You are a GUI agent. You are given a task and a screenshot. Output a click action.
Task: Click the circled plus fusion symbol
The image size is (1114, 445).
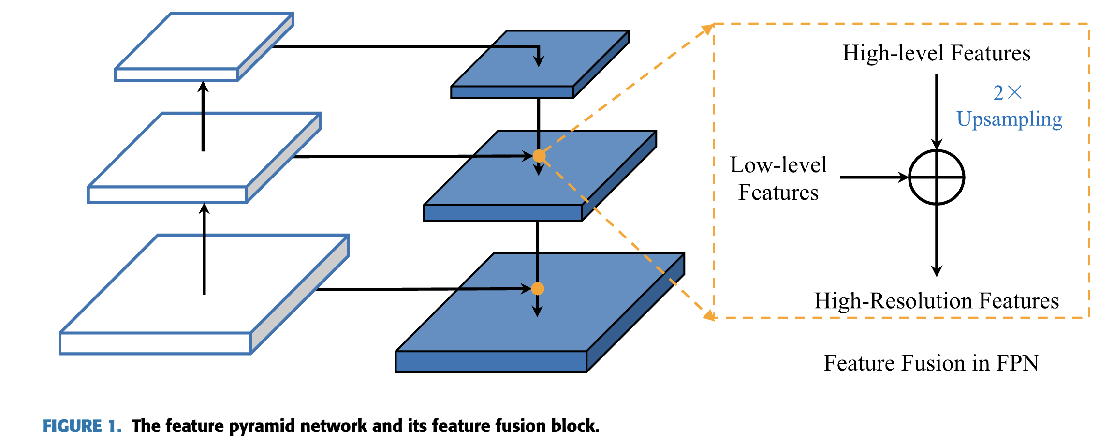tap(937, 178)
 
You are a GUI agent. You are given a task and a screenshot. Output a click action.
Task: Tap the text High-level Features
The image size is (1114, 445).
tap(937, 53)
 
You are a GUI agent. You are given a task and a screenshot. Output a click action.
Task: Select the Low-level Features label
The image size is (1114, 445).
tap(778, 178)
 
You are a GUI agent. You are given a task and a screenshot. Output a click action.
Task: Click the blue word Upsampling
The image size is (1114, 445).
tap(1010, 119)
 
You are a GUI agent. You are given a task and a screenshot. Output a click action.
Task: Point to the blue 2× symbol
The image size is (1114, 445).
tap(1008, 92)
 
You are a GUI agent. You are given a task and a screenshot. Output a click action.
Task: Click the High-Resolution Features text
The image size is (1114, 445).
tap(937, 301)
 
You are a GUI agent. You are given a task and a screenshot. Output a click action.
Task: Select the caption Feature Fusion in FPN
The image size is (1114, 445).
tap(931, 363)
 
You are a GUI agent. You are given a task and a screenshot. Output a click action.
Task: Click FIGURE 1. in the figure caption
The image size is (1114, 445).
tap(82, 426)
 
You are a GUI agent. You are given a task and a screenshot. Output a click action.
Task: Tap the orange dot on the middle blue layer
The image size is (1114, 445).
tap(539, 156)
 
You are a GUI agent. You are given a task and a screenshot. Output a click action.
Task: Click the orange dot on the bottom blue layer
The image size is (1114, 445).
tap(538, 289)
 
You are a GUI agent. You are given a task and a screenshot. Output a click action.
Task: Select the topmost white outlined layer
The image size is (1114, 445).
tap(204, 47)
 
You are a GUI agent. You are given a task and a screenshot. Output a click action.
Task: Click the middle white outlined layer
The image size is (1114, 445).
tap(204, 158)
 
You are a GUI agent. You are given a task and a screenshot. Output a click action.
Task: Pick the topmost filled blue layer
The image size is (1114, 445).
tap(540, 64)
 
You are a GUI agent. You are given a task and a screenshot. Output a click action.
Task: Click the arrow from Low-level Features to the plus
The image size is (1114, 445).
tap(875, 178)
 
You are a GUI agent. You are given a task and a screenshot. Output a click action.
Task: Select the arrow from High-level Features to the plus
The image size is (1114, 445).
tap(937, 112)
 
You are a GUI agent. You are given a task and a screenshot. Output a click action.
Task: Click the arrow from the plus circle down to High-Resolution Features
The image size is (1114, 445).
tap(937, 240)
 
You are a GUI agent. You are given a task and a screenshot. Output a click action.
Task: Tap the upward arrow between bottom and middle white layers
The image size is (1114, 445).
tap(204, 249)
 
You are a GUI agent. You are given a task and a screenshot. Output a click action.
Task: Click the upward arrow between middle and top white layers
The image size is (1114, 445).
tap(203, 116)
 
